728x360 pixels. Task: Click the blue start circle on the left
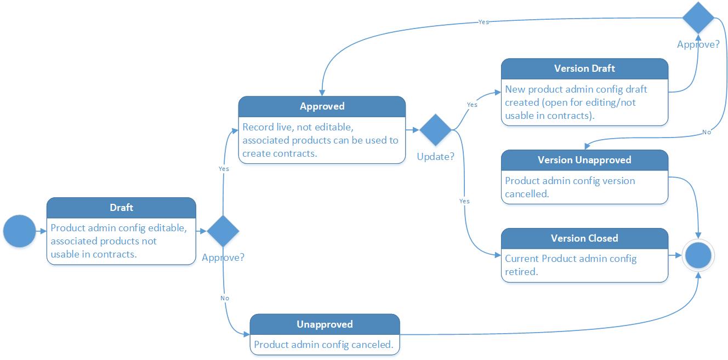click(x=19, y=231)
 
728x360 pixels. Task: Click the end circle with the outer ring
click(x=698, y=255)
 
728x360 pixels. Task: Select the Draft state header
click(x=121, y=208)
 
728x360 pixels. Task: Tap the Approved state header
click(x=322, y=106)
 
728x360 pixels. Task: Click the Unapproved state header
click(x=325, y=324)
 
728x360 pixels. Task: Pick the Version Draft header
click(x=584, y=68)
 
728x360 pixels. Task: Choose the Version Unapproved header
click(x=584, y=160)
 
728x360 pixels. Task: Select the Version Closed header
click(x=584, y=238)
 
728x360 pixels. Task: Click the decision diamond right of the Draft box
click(x=223, y=231)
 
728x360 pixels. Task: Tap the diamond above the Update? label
click(x=436, y=130)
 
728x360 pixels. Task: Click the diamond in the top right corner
click(x=698, y=18)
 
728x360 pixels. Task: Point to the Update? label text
click(x=436, y=157)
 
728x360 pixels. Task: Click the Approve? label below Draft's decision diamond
click(x=223, y=258)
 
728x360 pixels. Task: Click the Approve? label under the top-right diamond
click(x=698, y=44)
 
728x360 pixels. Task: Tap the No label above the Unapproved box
click(x=224, y=298)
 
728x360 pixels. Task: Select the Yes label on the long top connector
click(x=484, y=22)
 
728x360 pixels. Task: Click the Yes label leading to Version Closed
click(x=464, y=201)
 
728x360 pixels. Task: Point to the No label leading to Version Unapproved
click(x=707, y=133)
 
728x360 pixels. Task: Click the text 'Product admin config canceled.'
click(x=323, y=345)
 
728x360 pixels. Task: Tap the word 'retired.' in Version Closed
click(x=521, y=272)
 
